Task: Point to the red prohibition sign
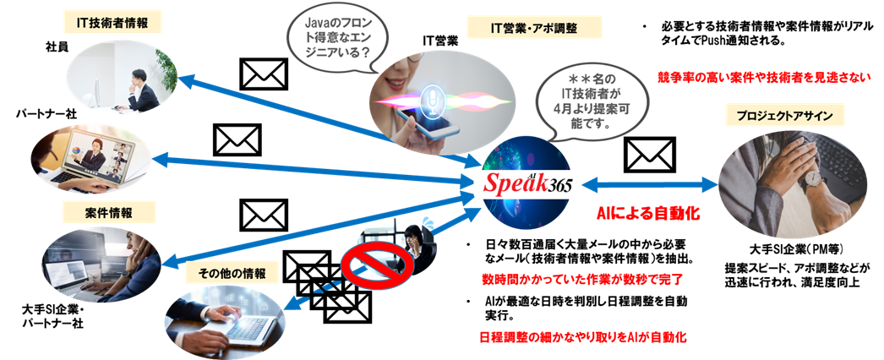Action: click(x=365, y=270)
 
